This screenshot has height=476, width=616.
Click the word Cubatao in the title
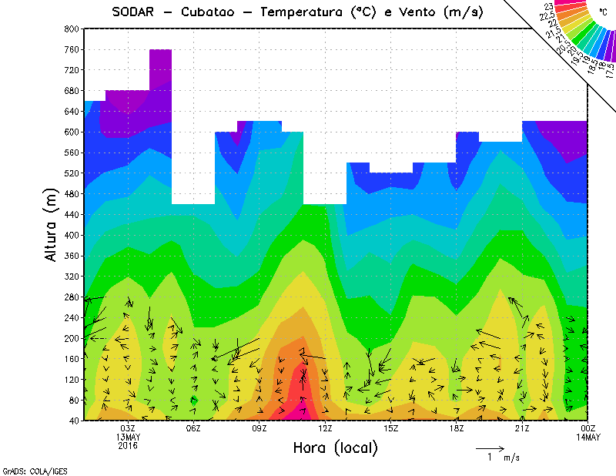[x=209, y=12]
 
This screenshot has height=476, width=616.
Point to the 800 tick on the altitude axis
[x=71, y=28]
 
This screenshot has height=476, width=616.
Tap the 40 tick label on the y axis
[x=74, y=421]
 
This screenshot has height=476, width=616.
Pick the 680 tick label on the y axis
[x=71, y=91]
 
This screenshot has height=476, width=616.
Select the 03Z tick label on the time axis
[x=128, y=428]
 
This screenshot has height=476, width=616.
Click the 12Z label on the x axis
[x=325, y=428]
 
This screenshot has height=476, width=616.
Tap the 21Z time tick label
[x=522, y=428]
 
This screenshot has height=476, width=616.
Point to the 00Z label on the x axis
[x=588, y=428]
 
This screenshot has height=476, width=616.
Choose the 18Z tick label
[x=457, y=428]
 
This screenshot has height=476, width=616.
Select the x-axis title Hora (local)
[x=334, y=448]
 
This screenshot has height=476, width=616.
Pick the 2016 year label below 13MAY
[x=128, y=445]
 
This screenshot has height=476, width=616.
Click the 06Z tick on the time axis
[x=193, y=428]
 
